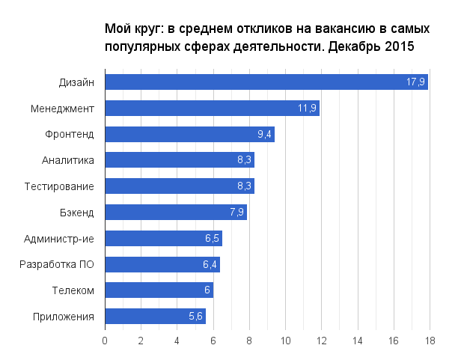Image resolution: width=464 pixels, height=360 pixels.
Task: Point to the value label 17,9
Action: click(x=416, y=82)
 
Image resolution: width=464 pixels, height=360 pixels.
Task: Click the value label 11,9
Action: click(x=308, y=109)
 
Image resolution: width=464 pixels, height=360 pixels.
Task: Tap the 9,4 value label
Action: click(x=264, y=135)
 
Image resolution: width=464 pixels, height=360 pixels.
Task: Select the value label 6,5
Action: click(x=212, y=239)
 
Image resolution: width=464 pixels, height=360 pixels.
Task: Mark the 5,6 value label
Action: click(x=195, y=317)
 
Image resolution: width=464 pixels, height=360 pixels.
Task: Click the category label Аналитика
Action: click(x=68, y=160)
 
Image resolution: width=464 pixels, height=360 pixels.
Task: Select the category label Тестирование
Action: click(x=59, y=186)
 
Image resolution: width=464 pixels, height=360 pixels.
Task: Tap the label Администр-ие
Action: click(x=59, y=239)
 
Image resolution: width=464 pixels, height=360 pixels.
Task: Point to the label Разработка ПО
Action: click(x=56, y=264)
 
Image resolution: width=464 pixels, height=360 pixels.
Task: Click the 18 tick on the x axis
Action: click(x=430, y=341)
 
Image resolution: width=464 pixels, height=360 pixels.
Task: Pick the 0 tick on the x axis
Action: click(x=105, y=341)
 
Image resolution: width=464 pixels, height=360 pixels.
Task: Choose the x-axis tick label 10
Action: click(x=285, y=341)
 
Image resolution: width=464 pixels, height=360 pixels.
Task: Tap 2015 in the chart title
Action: click(x=398, y=46)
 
